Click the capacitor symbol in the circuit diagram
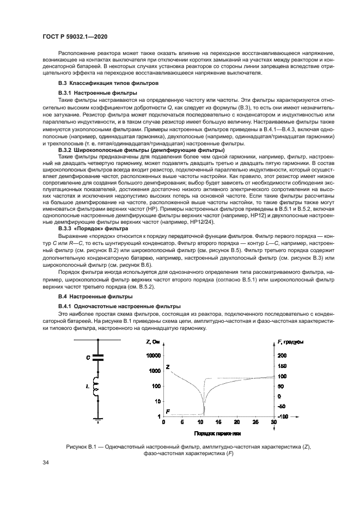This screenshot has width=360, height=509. coord(98,358)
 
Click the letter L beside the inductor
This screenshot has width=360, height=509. coord(88,385)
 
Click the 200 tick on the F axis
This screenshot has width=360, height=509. coord(281,355)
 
